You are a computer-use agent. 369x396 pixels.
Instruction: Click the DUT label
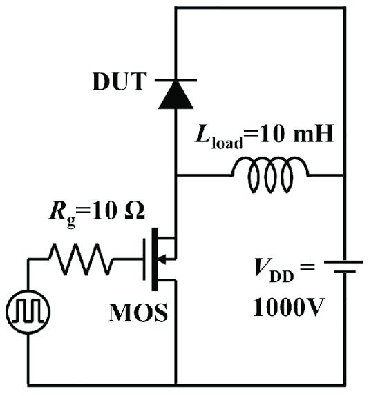tap(120, 81)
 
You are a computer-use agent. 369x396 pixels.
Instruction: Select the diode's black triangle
tap(176, 95)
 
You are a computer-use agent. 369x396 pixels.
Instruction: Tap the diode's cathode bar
tap(176, 80)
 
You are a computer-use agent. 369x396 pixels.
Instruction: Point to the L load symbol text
tap(219, 137)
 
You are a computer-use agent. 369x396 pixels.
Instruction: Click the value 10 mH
tap(296, 134)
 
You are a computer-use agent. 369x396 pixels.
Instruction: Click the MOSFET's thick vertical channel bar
tap(154, 259)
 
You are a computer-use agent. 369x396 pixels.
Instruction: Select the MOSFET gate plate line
tap(144, 259)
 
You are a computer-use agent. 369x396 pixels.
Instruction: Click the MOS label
tap(138, 313)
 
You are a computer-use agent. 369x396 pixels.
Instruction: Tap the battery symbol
tap(344, 267)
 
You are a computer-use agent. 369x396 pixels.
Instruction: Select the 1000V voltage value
tap(289, 307)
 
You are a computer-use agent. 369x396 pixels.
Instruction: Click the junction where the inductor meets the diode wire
tap(176, 175)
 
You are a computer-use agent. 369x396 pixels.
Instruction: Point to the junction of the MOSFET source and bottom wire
tap(176, 386)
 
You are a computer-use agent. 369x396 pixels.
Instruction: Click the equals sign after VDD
tap(307, 267)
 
